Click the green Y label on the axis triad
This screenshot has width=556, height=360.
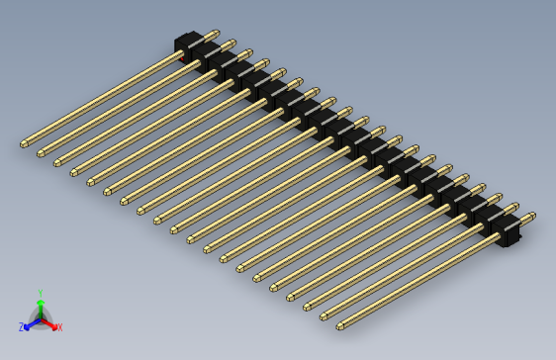(41, 293)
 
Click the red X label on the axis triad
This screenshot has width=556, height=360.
(59, 327)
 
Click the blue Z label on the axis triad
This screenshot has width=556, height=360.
(21, 327)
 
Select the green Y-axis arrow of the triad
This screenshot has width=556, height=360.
(41, 306)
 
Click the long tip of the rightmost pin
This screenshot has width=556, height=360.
(340, 325)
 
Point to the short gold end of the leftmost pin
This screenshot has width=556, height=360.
(215, 33)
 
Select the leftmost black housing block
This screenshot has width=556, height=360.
(188, 45)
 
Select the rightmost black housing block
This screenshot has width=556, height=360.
(507, 233)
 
